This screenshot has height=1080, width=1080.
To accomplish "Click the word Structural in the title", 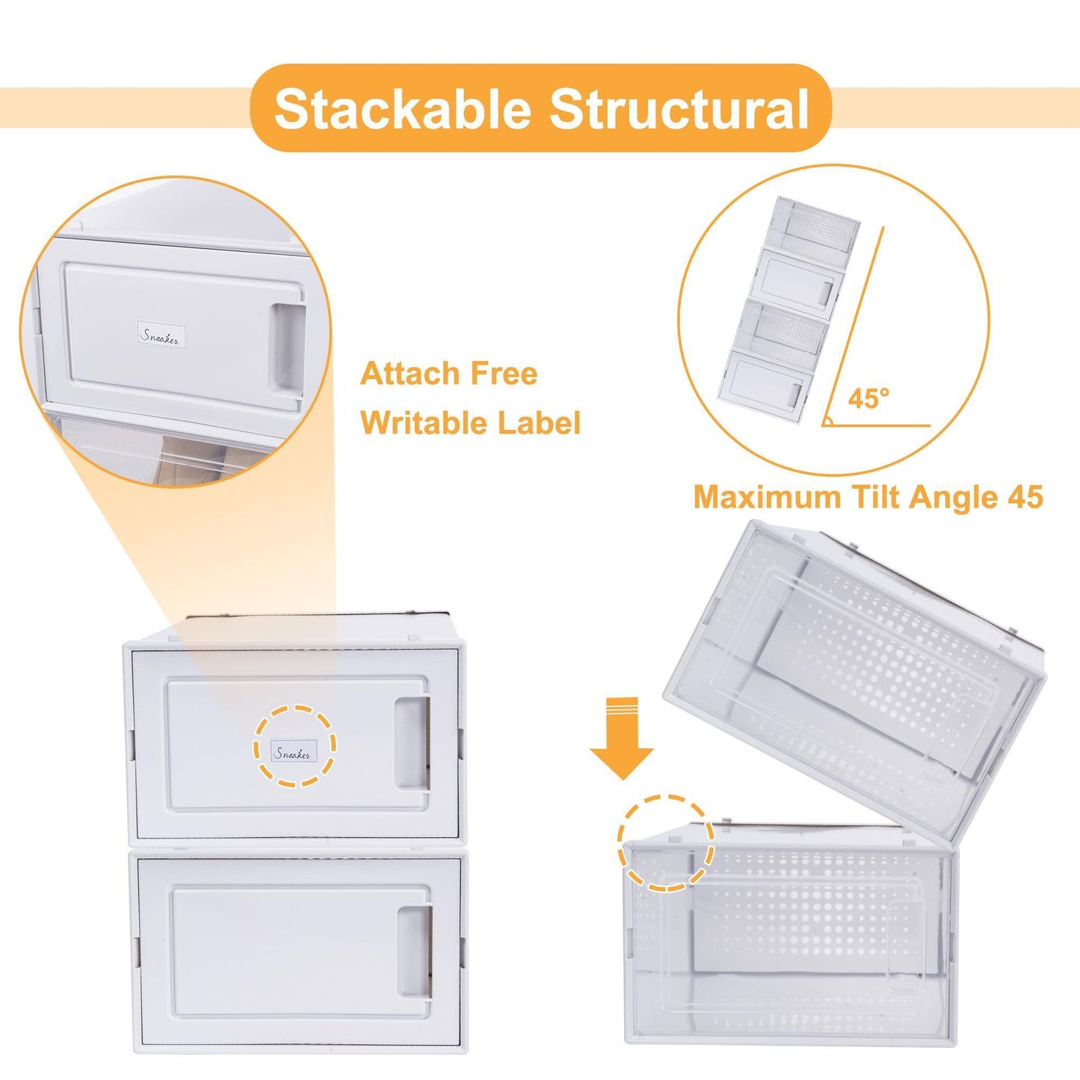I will (x=679, y=109).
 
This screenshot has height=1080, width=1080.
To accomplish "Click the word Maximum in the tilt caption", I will (x=756, y=497).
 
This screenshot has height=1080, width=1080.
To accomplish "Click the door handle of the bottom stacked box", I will (x=413, y=950).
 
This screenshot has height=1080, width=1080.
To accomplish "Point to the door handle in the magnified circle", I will (x=288, y=348).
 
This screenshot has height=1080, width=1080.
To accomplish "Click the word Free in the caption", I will (x=504, y=374).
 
